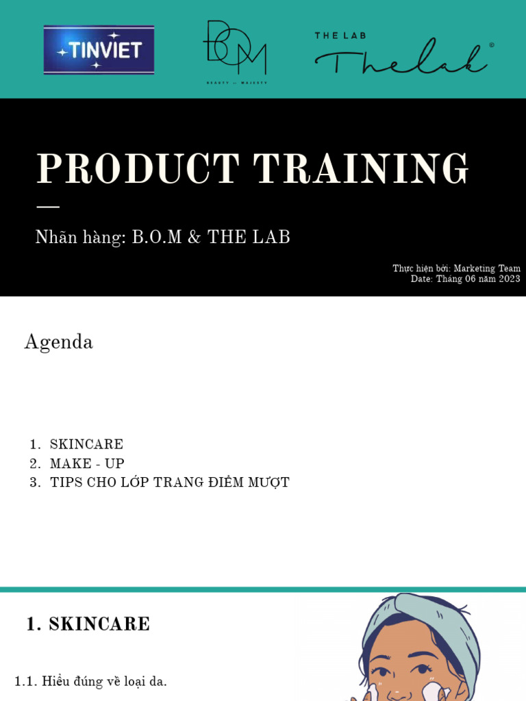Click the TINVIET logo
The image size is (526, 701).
tap(99, 50)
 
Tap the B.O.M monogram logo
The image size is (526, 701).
tap(235, 51)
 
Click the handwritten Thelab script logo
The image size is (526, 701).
tap(401, 58)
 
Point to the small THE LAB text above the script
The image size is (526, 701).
tap(337, 35)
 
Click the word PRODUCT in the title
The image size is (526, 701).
tap(138, 169)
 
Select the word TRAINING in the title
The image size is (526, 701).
tap(361, 169)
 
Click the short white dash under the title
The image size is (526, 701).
tap(47, 206)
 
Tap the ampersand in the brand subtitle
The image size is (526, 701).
tap(195, 238)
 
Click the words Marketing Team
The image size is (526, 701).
tap(487, 268)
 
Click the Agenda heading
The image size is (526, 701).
tap(59, 342)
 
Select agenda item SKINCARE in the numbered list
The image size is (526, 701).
tap(86, 444)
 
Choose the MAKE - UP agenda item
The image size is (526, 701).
tap(87, 463)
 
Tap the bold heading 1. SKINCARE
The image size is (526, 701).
tap(88, 624)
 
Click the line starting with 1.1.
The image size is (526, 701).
tap(90, 681)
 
